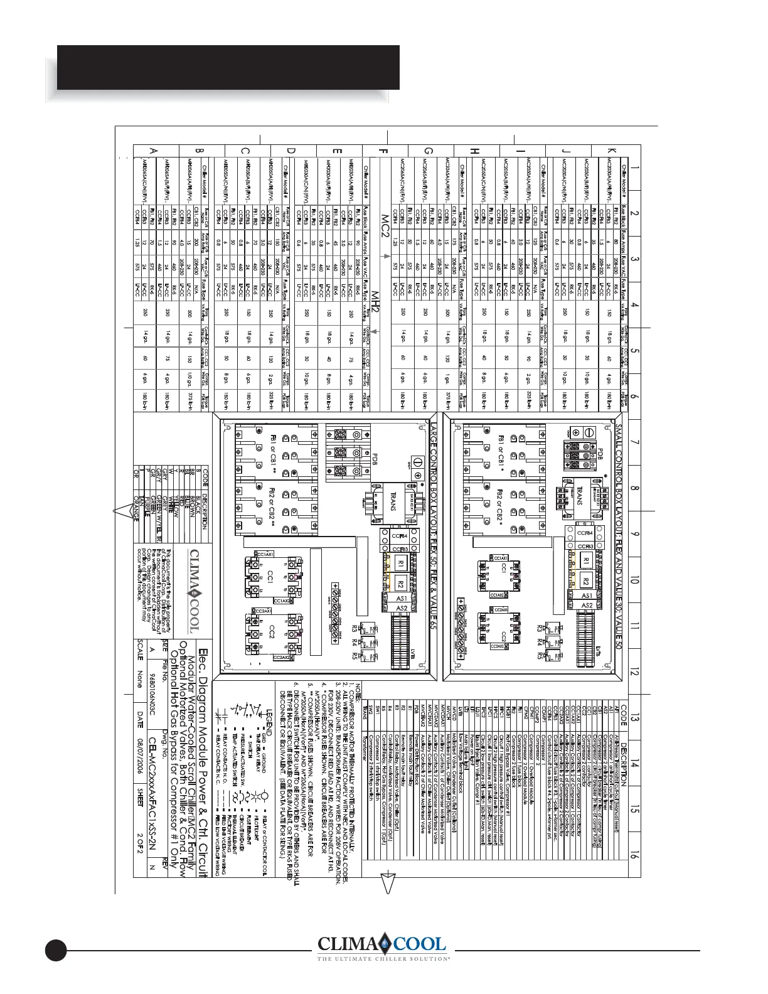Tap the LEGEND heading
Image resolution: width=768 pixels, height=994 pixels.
click(x=267, y=732)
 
